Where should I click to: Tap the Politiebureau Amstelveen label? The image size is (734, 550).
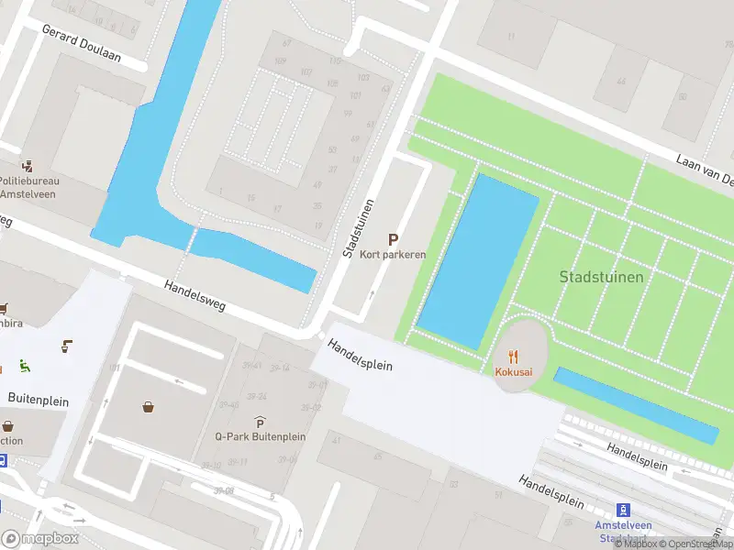(x=28, y=187)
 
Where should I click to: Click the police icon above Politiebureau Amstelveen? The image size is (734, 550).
(x=29, y=166)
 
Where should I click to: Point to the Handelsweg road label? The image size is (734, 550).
(x=195, y=298)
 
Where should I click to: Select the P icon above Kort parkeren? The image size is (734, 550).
(x=393, y=238)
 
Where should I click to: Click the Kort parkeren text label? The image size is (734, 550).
(x=393, y=254)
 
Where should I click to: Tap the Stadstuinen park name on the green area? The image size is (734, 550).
(x=601, y=276)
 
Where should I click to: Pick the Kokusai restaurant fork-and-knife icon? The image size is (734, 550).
(x=514, y=357)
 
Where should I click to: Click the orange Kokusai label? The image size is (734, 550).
(x=514, y=372)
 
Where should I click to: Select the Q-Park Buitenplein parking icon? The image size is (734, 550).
(x=260, y=423)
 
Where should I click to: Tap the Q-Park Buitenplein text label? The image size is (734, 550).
(x=260, y=437)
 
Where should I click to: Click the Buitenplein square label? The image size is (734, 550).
(x=39, y=398)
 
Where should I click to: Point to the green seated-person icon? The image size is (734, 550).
(x=23, y=366)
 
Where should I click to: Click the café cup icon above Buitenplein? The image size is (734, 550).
(x=67, y=346)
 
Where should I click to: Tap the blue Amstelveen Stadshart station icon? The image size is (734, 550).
(x=622, y=510)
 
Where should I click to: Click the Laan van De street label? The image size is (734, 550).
(x=706, y=170)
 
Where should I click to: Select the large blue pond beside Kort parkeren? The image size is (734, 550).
(x=479, y=260)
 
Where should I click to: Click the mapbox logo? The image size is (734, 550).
(x=40, y=539)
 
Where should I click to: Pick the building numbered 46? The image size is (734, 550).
(x=621, y=82)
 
